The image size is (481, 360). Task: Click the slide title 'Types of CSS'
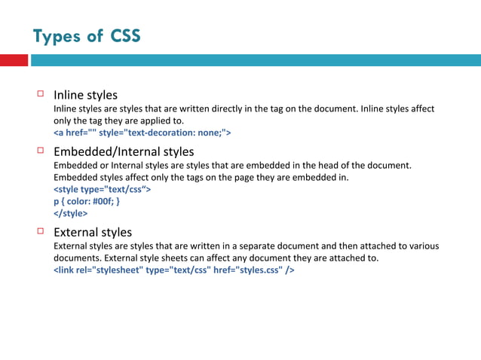87,36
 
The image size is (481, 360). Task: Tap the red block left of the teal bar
14,60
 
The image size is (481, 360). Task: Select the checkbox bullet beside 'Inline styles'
41,94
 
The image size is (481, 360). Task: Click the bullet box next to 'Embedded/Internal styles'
41,151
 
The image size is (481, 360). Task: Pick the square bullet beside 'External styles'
41,231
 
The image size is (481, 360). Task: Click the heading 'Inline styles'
85,95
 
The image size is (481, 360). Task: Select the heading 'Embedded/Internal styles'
124,151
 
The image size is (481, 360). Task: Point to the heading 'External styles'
93,232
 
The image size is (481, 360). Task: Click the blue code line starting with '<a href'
142,133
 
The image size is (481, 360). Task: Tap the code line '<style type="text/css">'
102,189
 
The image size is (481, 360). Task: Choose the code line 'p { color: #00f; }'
87,201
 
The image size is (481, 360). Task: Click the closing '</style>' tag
71,213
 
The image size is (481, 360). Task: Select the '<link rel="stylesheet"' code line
173,270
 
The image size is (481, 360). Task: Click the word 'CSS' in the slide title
125,36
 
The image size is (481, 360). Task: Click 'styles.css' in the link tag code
256,270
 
